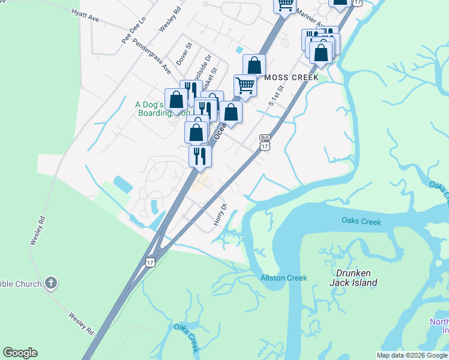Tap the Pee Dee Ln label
pyautogui.click(x=134, y=30)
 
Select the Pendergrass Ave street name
pyautogui.click(x=152, y=56)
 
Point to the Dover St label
pyautogui.click(x=183, y=53)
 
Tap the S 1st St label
pyautogui.click(x=276, y=94)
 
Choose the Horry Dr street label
pyautogui.click(x=220, y=215)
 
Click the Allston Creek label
pyautogui.click(x=283, y=278)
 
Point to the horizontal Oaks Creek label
pyautogui.click(x=361, y=222)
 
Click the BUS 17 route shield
pyautogui.click(x=265, y=142)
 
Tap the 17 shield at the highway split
pyautogui.click(x=150, y=262)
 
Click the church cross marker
pyautogui.click(x=51, y=283)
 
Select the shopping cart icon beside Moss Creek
pyautogui.click(x=245, y=85)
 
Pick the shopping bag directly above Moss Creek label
pyautogui.click(x=255, y=65)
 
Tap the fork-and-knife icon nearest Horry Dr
pyautogui.click(x=200, y=155)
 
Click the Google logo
pyautogui.click(x=20, y=353)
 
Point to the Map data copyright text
pyautogui.click(x=412, y=355)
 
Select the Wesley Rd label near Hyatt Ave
pyautogui.click(x=169, y=20)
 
